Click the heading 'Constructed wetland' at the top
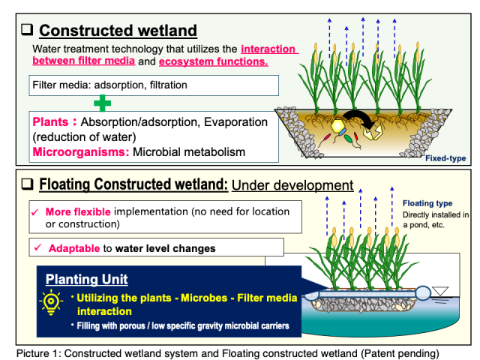tap(118, 31)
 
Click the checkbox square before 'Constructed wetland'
tap(27, 31)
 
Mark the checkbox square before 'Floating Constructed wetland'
tap(27, 184)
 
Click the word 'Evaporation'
tap(233, 121)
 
